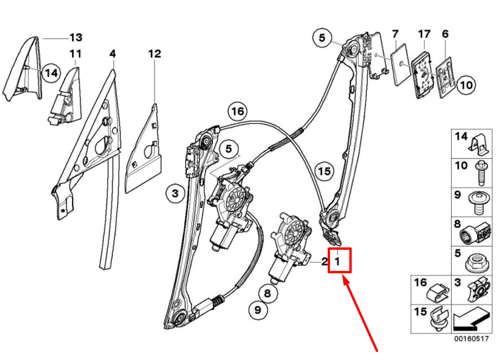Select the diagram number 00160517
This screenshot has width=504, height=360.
(471, 339)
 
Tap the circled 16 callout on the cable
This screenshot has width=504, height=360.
(238, 112)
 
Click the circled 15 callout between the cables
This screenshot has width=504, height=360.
(324, 171)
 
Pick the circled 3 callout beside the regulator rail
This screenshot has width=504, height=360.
(175, 193)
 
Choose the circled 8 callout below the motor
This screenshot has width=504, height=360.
(267, 294)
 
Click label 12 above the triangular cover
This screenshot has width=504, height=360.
(155, 54)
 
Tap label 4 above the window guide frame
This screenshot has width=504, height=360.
(112, 54)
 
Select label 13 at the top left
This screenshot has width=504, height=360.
(75, 37)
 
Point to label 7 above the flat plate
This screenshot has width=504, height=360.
(395, 34)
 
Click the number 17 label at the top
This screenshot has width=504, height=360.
(424, 34)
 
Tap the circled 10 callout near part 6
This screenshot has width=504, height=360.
(465, 85)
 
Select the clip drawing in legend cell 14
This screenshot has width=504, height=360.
(479, 143)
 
